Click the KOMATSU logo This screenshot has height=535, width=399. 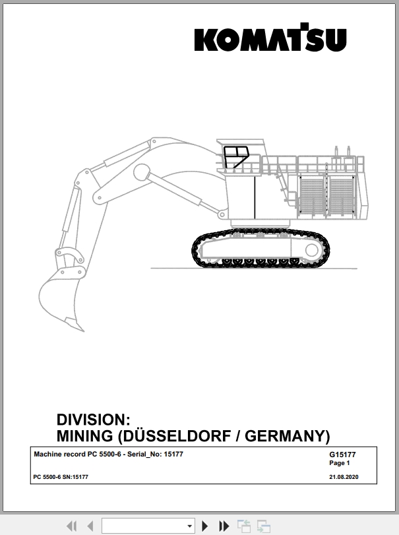tap(270, 38)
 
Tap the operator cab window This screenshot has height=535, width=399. tap(236, 157)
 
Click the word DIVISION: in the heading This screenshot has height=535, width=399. tap(93, 420)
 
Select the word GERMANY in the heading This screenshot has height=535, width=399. tap(285, 436)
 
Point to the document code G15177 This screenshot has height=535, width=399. tap(342, 455)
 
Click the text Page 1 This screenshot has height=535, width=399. tap(340, 463)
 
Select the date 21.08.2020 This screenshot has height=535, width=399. tap(344, 477)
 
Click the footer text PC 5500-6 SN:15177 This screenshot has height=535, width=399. tap(61, 477)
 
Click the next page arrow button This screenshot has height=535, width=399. tap(205, 526)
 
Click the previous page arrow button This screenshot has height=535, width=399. tap(90, 526)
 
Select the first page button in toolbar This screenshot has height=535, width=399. tap(72, 526)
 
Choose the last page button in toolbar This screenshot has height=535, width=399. tap(224, 526)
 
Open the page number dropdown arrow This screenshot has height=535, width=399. tap(190, 526)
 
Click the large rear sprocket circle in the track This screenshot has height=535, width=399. tap(312, 250)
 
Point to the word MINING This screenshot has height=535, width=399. tap(84, 436)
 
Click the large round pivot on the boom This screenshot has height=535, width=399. tap(142, 173)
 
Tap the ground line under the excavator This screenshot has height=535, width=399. tap(254, 268)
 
